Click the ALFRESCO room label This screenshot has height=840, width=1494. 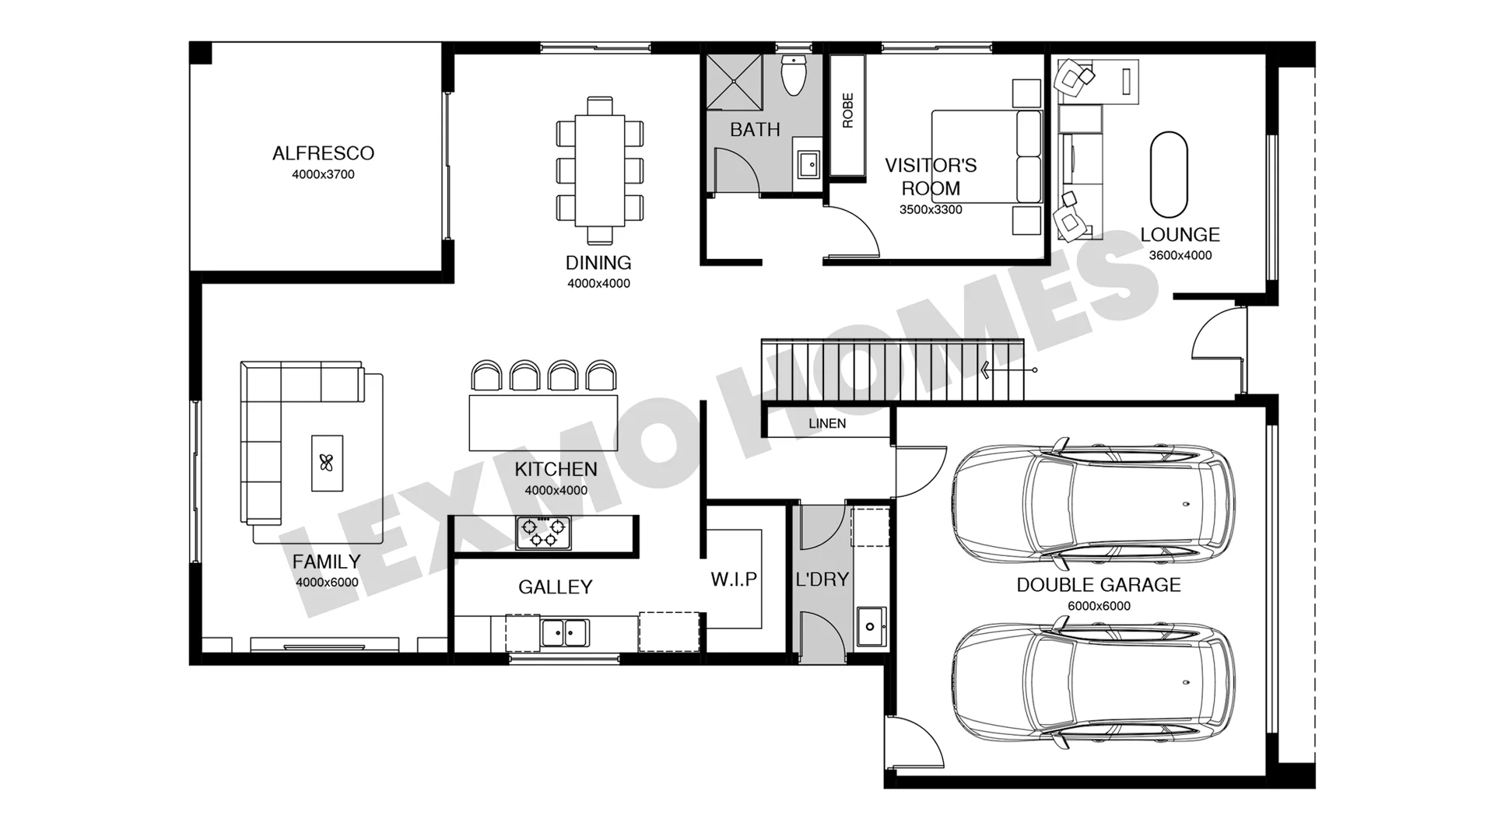click(x=323, y=153)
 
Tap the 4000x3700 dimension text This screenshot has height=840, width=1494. click(x=323, y=174)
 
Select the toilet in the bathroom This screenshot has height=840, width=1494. click(x=793, y=75)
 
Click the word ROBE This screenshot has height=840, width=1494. click(x=848, y=110)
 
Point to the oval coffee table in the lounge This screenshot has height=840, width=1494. click(x=1169, y=174)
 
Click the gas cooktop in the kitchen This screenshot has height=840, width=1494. click(x=542, y=533)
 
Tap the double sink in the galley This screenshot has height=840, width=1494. click(x=565, y=632)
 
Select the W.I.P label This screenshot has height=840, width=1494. click(x=734, y=579)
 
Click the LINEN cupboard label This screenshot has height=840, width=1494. click(x=827, y=424)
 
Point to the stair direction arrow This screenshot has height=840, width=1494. click(x=1008, y=370)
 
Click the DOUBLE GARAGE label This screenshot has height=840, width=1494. click(x=1099, y=585)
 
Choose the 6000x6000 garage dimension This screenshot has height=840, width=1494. click(x=1099, y=606)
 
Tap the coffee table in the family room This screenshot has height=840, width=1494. click(x=327, y=463)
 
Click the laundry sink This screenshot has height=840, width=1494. click(x=871, y=626)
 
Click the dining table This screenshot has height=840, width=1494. click(x=600, y=170)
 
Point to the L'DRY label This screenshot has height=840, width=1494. click(x=822, y=579)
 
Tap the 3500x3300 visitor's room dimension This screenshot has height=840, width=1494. click(x=931, y=210)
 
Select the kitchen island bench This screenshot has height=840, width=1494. click(x=543, y=423)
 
